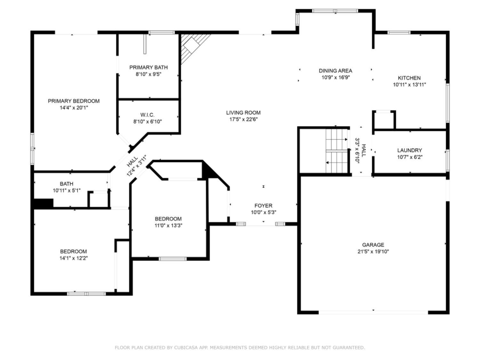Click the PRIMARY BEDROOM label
pyautogui.click(x=74, y=101)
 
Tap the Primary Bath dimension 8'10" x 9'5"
pyautogui.click(x=148, y=74)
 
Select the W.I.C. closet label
pyautogui.click(x=148, y=115)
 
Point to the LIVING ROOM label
pyautogui.click(x=244, y=113)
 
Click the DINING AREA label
pyautogui.click(x=335, y=71)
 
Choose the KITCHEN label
pyautogui.click(x=409, y=78)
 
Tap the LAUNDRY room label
pyautogui.click(x=410, y=150)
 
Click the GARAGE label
pyautogui.click(x=373, y=245)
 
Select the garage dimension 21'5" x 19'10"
pyautogui.click(x=373, y=252)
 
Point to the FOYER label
pyautogui.click(x=263, y=206)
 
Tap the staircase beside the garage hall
pyautogui.click(x=337, y=151)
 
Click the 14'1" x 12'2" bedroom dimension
pyautogui.click(x=74, y=258)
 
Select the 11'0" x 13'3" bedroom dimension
pyautogui.click(x=168, y=225)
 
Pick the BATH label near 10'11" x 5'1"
pyautogui.click(x=67, y=184)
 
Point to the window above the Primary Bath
pyautogui.click(x=162, y=33)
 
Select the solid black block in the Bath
pyautogui.click(x=44, y=203)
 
